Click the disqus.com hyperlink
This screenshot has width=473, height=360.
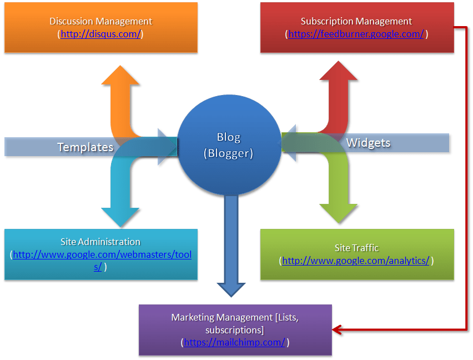point(100,34)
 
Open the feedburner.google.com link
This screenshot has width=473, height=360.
point(356,34)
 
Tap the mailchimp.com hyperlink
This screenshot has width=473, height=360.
point(235,342)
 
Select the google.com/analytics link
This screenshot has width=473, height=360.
point(356,261)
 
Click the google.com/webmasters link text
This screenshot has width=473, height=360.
point(102,255)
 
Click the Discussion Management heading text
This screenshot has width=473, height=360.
point(100,21)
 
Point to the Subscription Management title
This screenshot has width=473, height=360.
point(356,21)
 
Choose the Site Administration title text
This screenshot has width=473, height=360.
point(100,242)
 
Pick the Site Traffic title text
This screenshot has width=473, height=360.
point(356,248)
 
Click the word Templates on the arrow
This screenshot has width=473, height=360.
point(85,147)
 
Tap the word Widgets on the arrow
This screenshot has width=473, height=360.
point(368,143)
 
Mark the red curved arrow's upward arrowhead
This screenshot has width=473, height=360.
point(338,71)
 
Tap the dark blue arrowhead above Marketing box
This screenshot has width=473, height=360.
point(230,288)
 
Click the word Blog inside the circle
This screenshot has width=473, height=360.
point(228,137)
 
